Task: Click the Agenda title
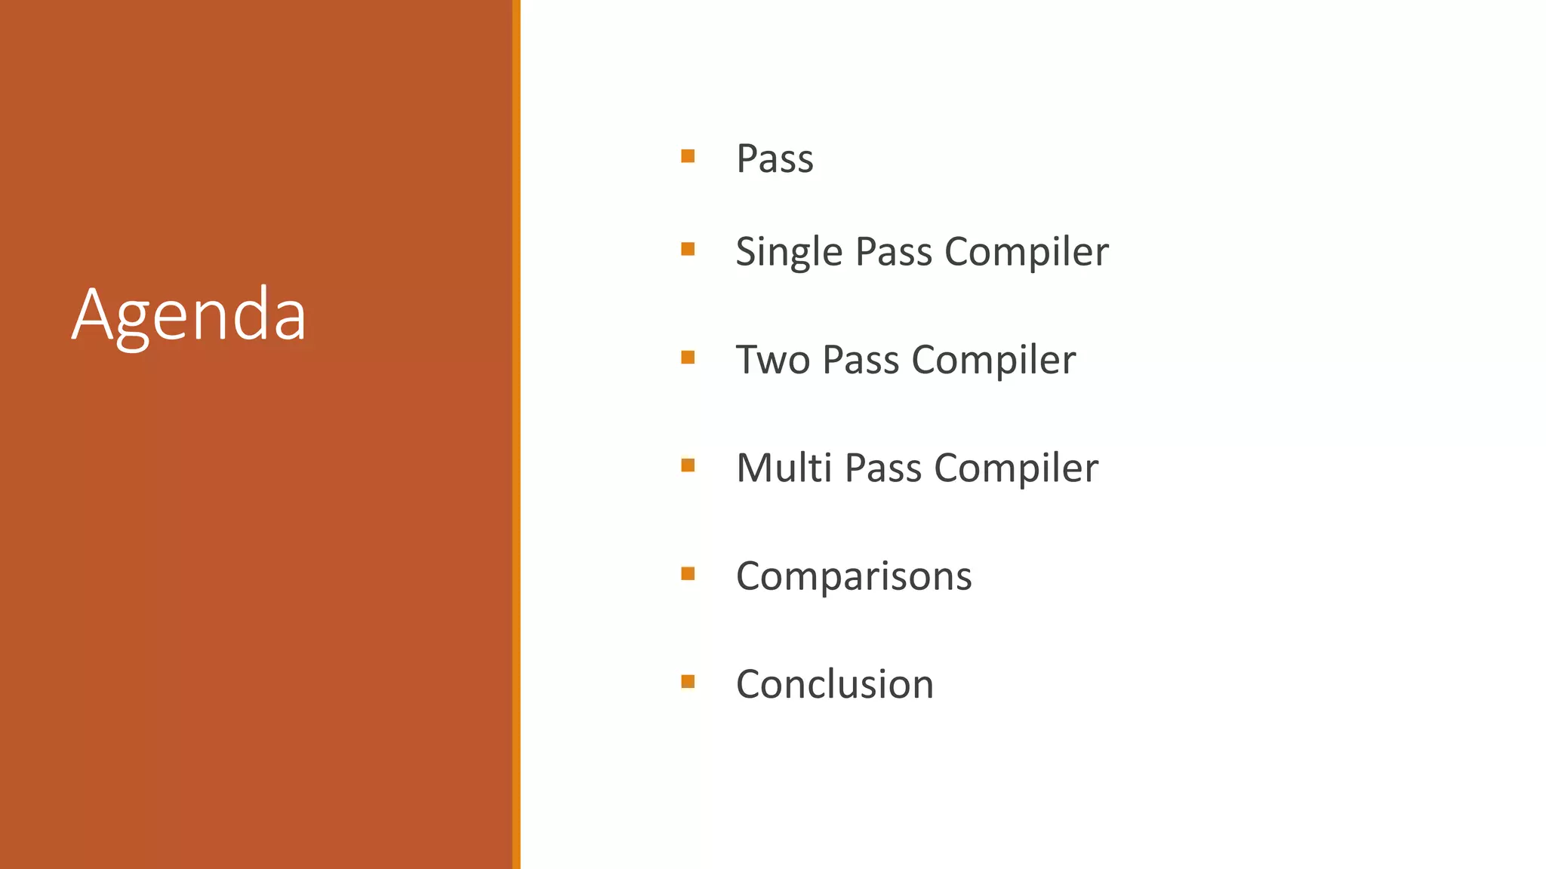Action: (x=189, y=315)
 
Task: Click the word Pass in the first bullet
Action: (x=775, y=159)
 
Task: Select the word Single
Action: (x=789, y=252)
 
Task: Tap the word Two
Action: (x=772, y=360)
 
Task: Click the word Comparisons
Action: (x=854, y=576)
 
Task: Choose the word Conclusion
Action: (x=835, y=684)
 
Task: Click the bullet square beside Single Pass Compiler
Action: (x=688, y=249)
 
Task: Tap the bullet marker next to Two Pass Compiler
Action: (x=688, y=357)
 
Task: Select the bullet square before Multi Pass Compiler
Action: (x=688, y=465)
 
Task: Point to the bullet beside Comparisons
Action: (x=688, y=573)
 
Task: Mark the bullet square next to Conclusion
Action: (x=688, y=682)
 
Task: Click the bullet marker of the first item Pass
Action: (x=688, y=156)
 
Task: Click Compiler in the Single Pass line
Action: (x=1027, y=252)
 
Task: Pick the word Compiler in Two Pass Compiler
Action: (x=993, y=360)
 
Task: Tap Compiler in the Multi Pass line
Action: (x=1016, y=468)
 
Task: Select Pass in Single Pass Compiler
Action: (x=894, y=252)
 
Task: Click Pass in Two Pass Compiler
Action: (x=861, y=360)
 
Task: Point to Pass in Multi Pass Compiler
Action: (x=883, y=468)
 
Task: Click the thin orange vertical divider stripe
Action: (x=516, y=434)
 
